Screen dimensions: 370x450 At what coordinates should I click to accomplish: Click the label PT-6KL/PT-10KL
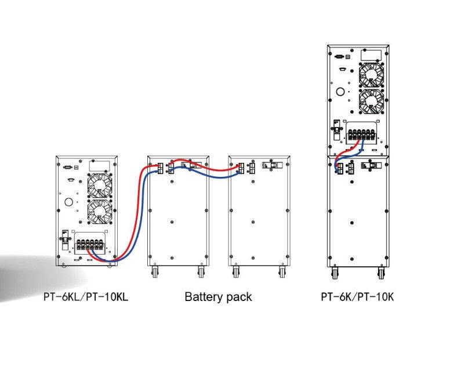86,297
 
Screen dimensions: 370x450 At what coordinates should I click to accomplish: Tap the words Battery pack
218,297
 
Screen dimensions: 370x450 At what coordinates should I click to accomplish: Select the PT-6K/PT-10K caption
357,297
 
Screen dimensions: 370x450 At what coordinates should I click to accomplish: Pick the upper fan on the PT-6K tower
372,74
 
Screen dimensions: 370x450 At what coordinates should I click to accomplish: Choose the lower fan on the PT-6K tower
372,102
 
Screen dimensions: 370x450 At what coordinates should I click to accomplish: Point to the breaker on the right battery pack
269,165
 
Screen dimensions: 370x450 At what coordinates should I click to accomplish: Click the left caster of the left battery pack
155,271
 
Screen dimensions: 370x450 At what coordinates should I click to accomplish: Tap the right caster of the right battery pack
282,271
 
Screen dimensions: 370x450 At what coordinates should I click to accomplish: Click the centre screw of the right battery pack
253,222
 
